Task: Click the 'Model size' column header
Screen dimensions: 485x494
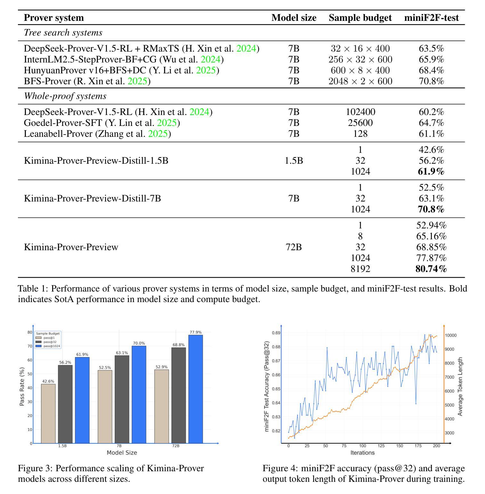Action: point(294,18)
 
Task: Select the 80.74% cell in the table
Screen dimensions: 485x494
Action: point(431,269)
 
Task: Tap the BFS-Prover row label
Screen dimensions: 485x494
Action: point(87,81)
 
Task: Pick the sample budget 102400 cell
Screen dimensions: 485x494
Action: point(360,112)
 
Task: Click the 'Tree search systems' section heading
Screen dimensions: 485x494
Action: point(63,32)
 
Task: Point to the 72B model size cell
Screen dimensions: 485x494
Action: point(294,247)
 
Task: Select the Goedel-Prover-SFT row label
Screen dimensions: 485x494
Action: point(102,123)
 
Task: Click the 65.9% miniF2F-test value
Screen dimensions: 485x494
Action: point(431,59)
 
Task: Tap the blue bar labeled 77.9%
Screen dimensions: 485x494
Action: point(196,389)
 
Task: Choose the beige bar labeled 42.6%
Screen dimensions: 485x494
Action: point(48,414)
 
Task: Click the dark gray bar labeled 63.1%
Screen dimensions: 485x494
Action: point(122,399)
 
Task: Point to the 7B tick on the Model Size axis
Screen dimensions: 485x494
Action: point(119,446)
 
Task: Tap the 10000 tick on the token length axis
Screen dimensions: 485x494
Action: point(451,335)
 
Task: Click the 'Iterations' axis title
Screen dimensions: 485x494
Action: point(362,453)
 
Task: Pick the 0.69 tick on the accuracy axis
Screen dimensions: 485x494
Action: point(276,333)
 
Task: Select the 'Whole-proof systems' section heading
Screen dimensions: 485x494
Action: point(65,96)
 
